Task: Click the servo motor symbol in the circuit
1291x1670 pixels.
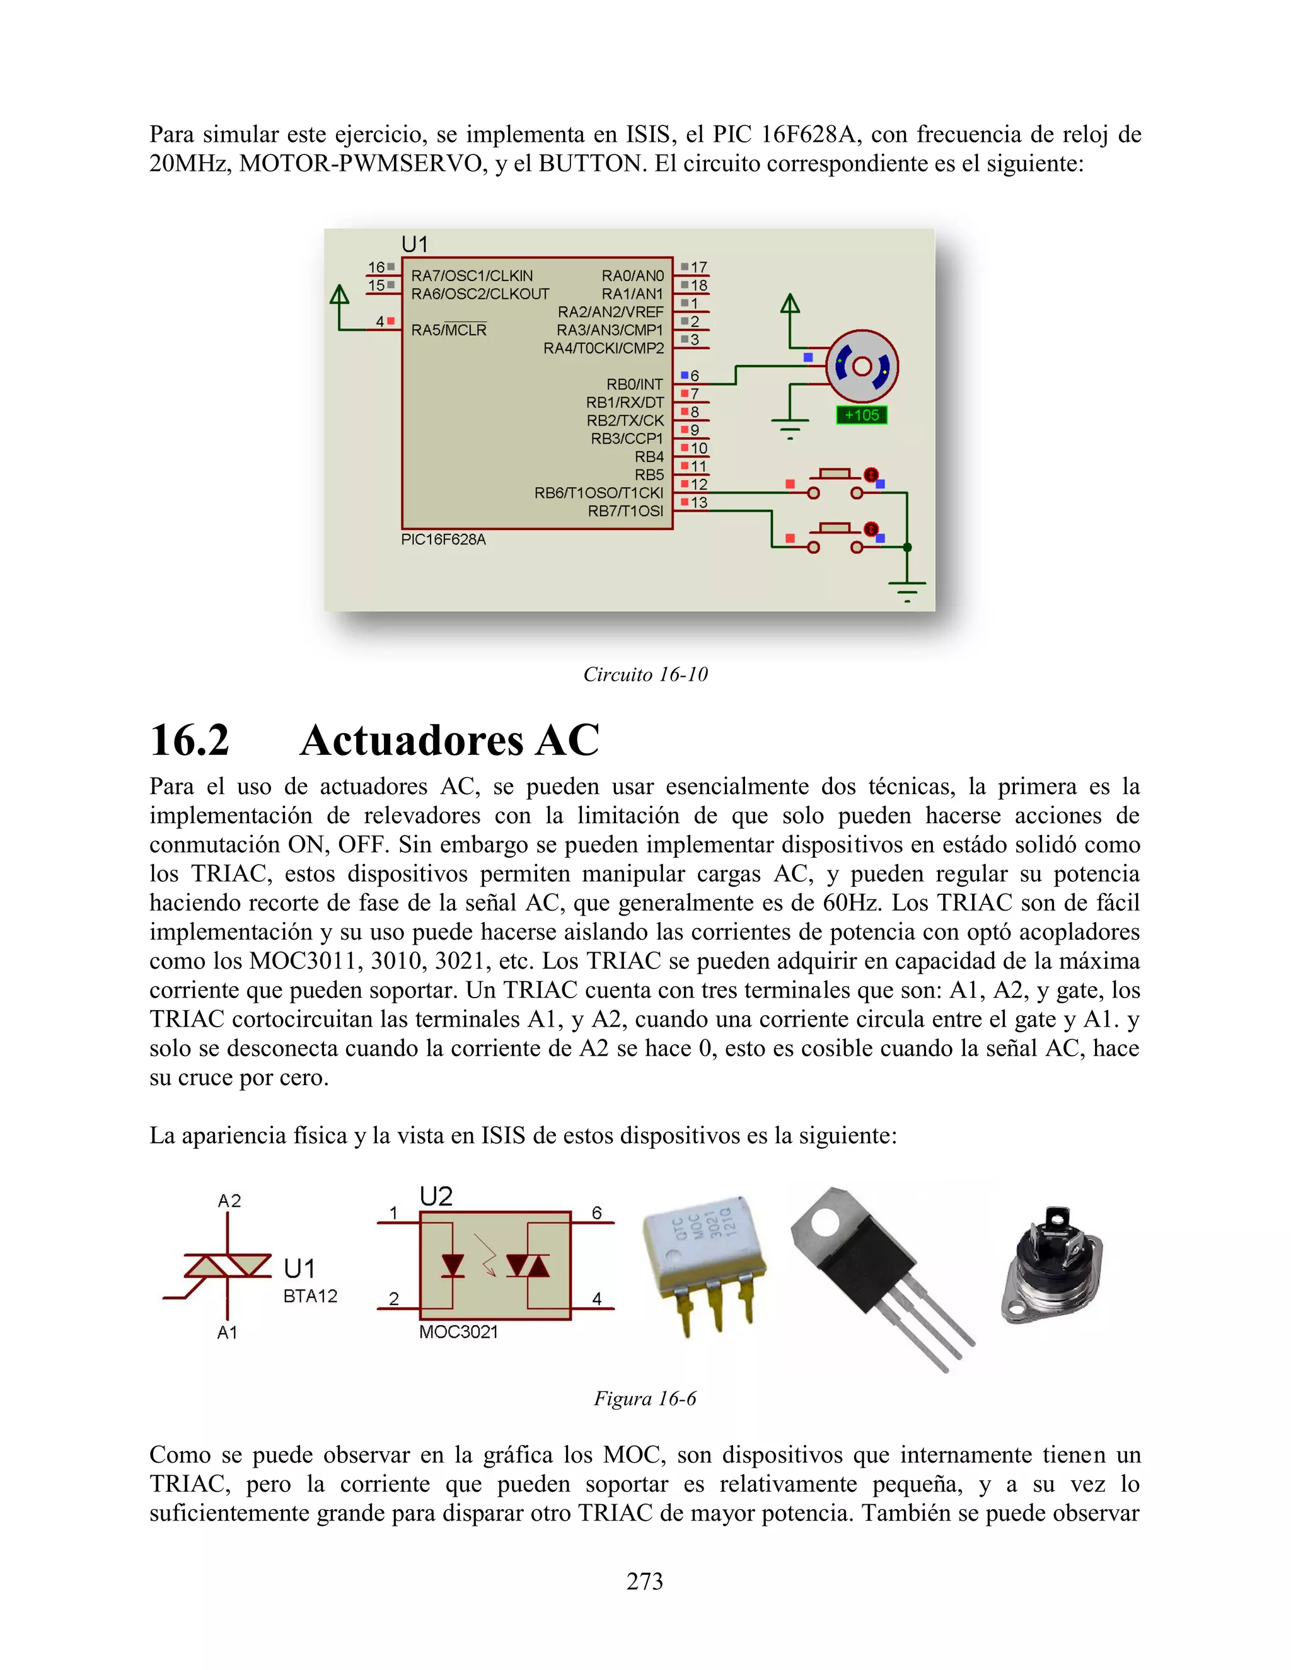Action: click(x=862, y=366)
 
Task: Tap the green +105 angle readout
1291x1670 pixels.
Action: click(x=861, y=415)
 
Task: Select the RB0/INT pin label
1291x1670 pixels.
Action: click(x=634, y=384)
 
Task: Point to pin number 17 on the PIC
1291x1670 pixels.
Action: click(x=698, y=267)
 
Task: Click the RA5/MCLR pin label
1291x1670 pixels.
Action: click(x=449, y=330)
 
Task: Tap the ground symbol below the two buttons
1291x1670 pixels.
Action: click(x=907, y=590)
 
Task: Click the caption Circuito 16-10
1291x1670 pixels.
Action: click(x=645, y=674)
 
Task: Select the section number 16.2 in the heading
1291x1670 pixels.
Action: click(x=189, y=740)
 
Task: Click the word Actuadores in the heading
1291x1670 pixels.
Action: click(x=409, y=740)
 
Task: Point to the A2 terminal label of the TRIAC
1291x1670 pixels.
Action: click(x=229, y=1201)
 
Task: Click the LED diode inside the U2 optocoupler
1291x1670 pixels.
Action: click(x=453, y=1265)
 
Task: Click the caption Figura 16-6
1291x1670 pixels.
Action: click(x=645, y=1398)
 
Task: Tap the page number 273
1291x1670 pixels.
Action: click(x=645, y=1581)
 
